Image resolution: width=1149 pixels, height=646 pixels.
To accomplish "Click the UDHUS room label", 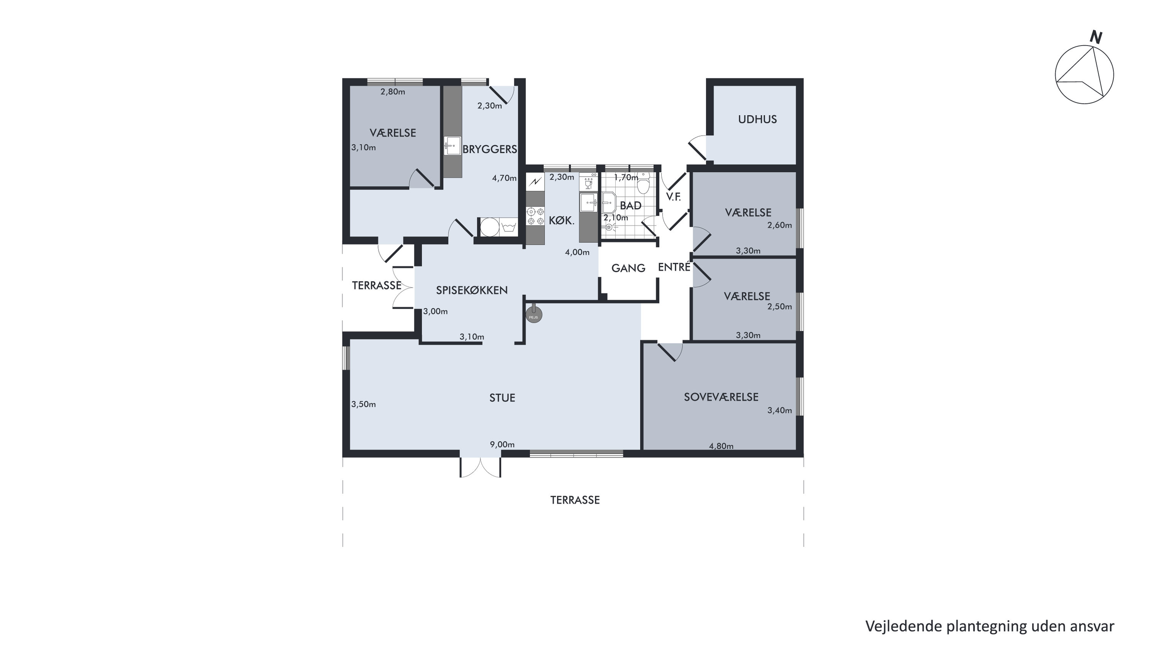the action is [x=757, y=119].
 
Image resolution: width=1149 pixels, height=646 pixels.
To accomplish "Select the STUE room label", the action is [x=502, y=398].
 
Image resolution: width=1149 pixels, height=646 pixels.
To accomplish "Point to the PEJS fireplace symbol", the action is [x=533, y=315].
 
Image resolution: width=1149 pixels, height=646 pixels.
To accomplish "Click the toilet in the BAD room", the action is [x=643, y=185].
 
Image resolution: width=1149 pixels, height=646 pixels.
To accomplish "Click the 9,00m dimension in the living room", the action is [x=502, y=445].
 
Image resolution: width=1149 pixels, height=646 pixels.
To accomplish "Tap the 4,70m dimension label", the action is [x=504, y=178].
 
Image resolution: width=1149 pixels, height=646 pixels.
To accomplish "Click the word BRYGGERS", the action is [x=490, y=149].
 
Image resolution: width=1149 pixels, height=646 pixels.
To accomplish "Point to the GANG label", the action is [x=628, y=268].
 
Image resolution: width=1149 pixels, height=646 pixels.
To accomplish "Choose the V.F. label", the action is [x=674, y=196].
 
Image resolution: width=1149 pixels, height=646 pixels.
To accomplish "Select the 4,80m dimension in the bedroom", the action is [x=721, y=446].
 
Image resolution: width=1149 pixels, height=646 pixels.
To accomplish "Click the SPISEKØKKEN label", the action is [x=472, y=290].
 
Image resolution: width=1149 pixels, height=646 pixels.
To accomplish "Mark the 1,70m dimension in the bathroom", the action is [x=626, y=177].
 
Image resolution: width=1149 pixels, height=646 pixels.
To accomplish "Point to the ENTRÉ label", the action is [x=674, y=267].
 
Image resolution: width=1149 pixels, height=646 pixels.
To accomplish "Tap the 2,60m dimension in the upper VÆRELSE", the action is [x=779, y=226].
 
